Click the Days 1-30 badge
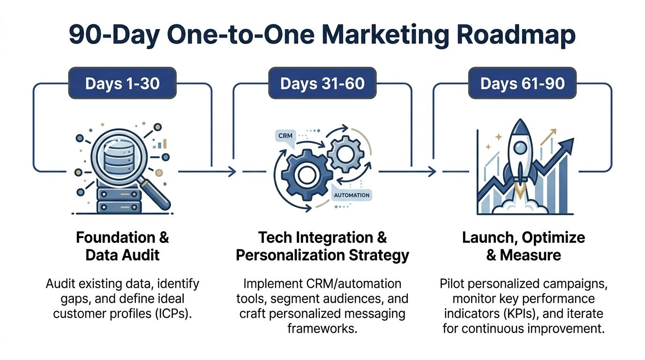point(122,83)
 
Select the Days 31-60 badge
point(322,83)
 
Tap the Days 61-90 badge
point(523,83)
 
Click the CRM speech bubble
point(286,135)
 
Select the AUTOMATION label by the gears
point(352,195)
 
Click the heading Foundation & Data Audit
point(122,246)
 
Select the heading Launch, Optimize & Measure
point(524,246)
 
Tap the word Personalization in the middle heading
point(287,255)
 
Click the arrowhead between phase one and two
point(232,172)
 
